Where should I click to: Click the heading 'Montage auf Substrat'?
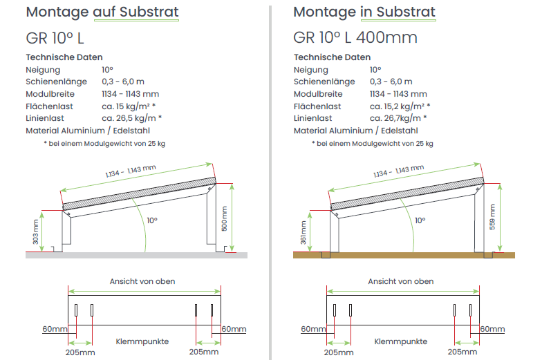[x=102, y=12]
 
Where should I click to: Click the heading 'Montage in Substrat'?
[x=364, y=12]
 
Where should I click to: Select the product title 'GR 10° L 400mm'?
[x=355, y=37]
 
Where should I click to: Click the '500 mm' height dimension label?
[x=224, y=218]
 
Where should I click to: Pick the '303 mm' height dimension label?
[x=35, y=232]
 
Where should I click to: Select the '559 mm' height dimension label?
[x=492, y=217]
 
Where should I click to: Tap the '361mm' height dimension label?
[x=303, y=232]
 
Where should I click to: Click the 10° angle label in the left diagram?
[x=152, y=220]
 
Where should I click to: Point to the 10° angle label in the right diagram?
[x=420, y=220]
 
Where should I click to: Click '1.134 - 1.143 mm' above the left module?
[x=131, y=171]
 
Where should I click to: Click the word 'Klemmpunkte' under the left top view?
[x=142, y=341]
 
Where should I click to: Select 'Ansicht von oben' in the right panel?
[x=401, y=282]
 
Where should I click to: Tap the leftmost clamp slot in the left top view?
[x=76, y=310]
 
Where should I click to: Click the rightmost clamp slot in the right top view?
[x=470, y=310]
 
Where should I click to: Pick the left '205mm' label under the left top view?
[x=80, y=352]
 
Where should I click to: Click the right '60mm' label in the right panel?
[x=492, y=329]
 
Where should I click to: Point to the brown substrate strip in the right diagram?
[x=404, y=256]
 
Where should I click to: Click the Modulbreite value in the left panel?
[x=130, y=94]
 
